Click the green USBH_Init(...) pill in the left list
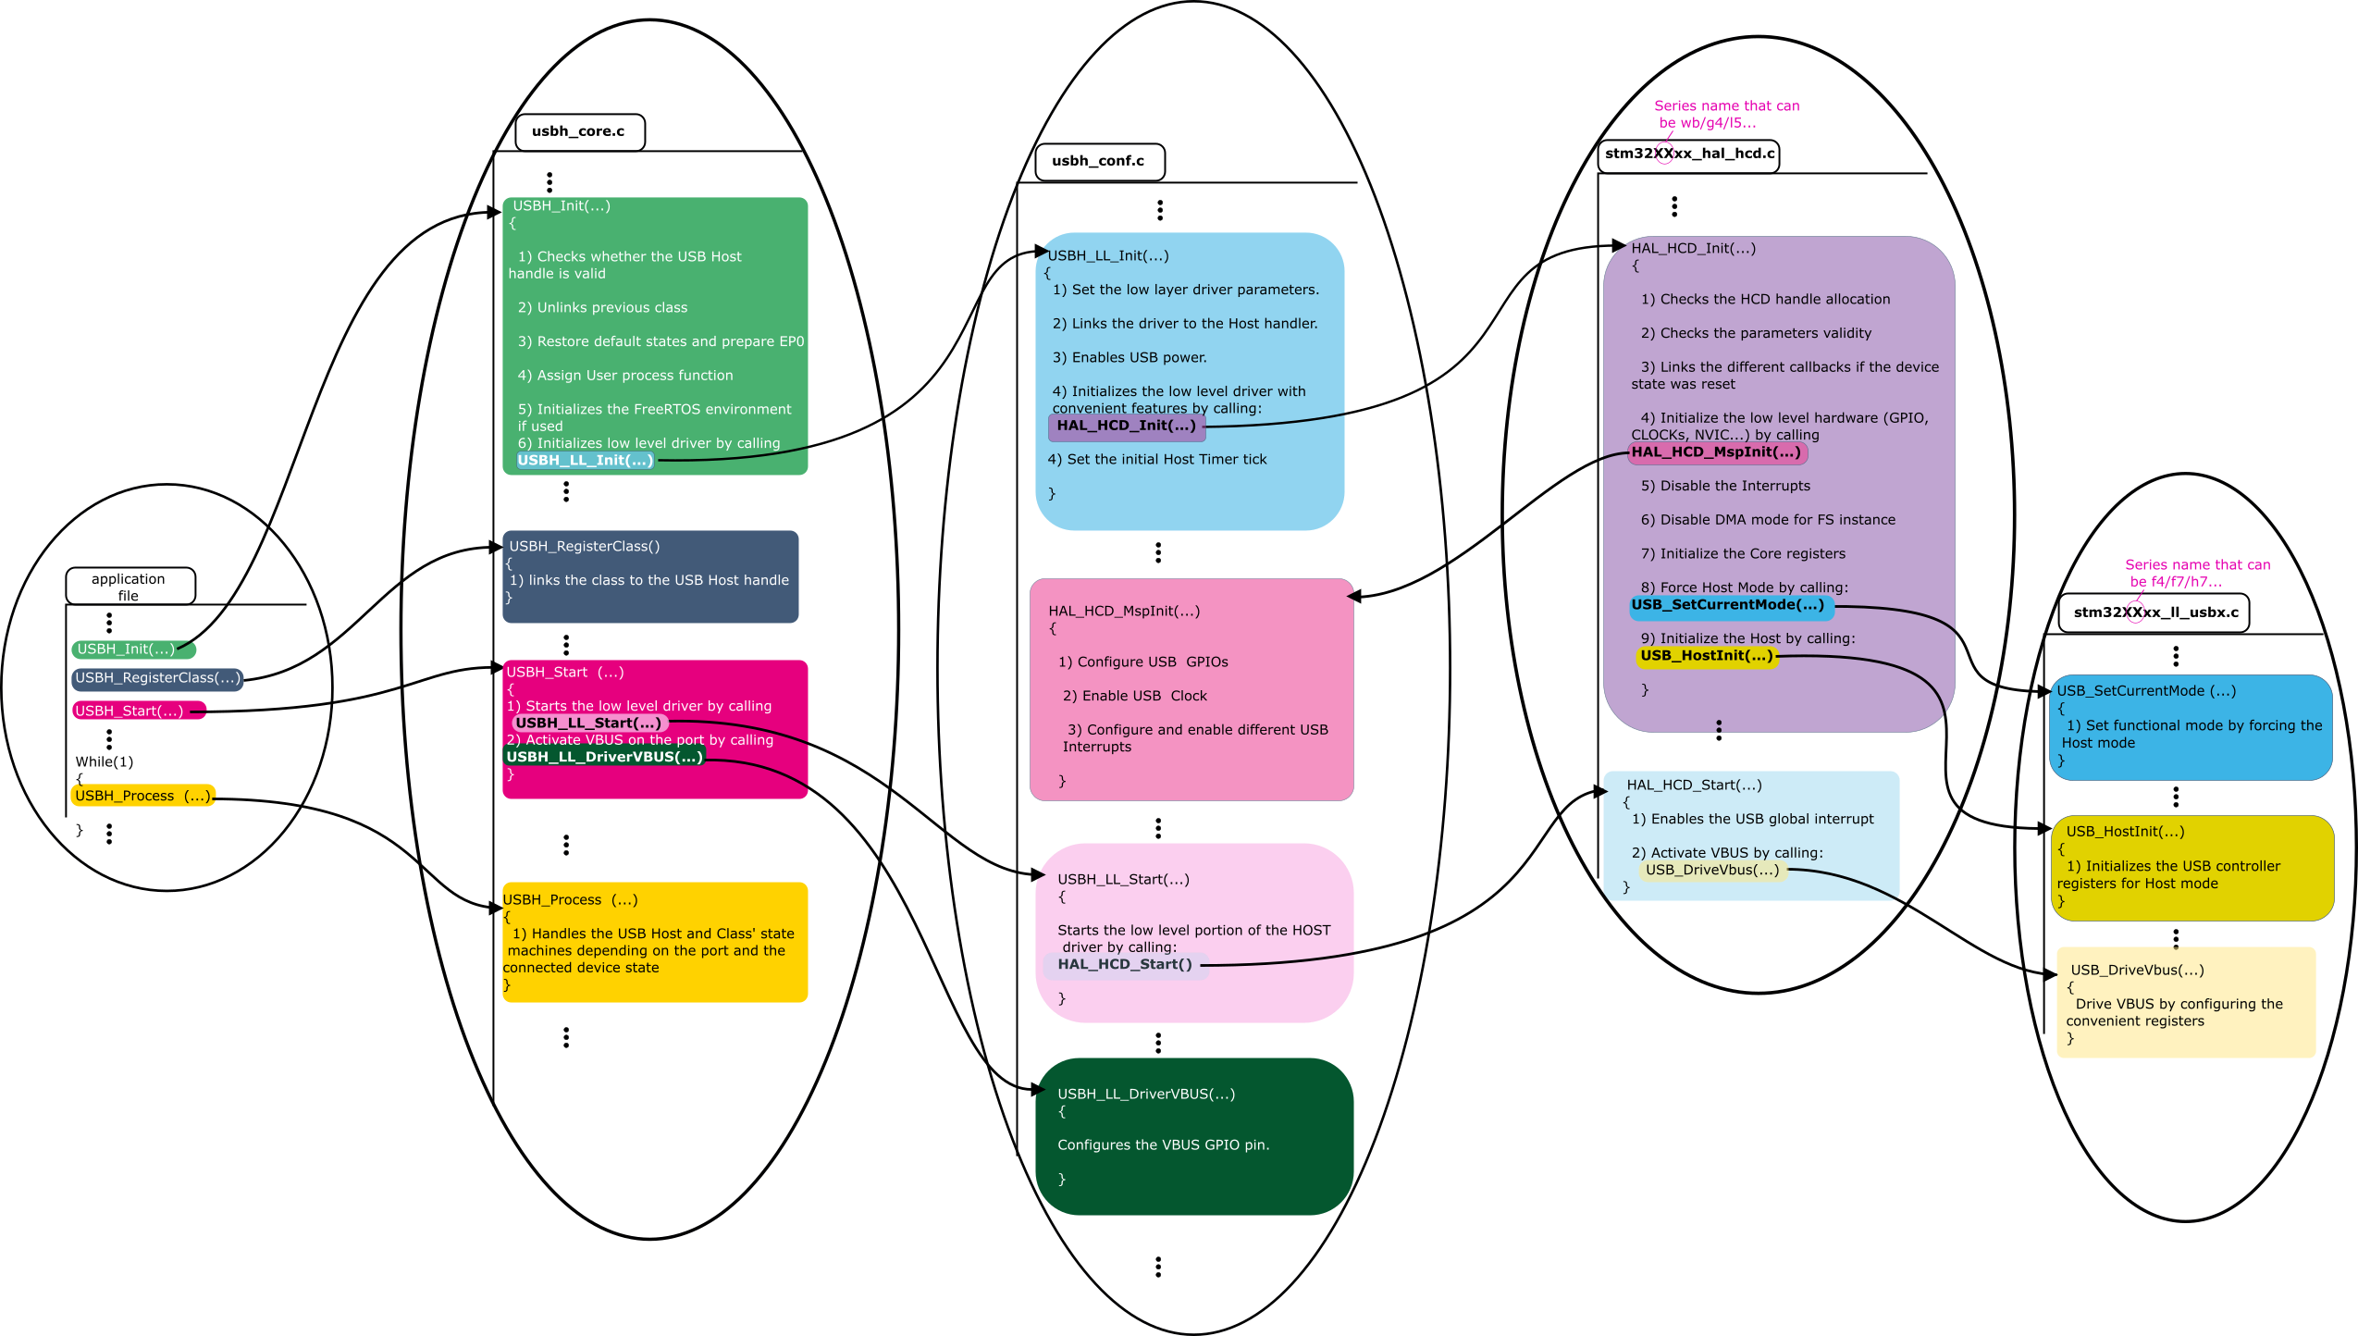(x=127, y=649)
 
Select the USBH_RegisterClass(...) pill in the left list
(x=157, y=678)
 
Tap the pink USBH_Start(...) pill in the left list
(x=130, y=711)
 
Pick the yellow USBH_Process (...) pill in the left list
(x=142, y=796)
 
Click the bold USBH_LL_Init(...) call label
(x=585, y=461)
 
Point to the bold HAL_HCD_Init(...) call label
(x=1126, y=426)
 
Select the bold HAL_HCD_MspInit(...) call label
(x=1716, y=452)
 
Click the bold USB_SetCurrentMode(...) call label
(x=1727, y=605)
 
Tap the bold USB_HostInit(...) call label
(x=1706, y=656)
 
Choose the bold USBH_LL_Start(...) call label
(x=588, y=724)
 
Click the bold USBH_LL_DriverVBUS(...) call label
(x=604, y=757)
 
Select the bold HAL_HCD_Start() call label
(x=1124, y=964)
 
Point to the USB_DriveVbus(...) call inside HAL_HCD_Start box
(x=1711, y=870)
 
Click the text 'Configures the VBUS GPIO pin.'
(x=1163, y=1145)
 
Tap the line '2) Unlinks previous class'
(x=602, y=308)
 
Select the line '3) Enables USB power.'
(x=1129, y=358)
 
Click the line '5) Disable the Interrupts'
(x=1725, y=487)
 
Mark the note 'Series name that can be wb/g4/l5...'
(x=1726, y=115)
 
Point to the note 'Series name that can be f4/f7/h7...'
(x=2197, y=574)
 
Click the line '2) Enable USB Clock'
(x=1134, y=697)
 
